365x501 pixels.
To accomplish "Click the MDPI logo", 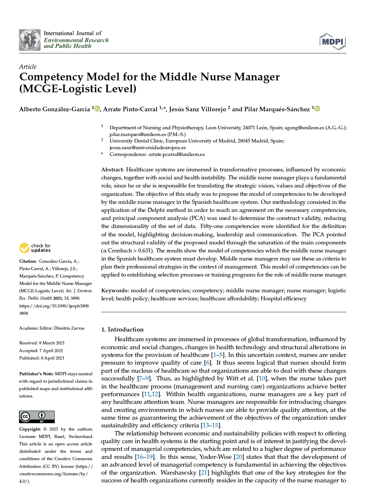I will [332, 42].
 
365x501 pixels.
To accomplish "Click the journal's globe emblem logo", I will [30, 40].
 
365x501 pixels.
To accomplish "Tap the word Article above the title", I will [28, 67].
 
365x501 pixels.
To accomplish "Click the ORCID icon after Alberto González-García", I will [97, 108].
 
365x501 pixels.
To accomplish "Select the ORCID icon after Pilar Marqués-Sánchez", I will [317, 108].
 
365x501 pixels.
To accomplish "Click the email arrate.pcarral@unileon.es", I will [176, 154].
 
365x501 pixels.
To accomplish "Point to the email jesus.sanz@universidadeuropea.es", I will [147, 148].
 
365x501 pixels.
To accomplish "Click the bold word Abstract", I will [112, 169].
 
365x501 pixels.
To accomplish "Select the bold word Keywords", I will [115, 290].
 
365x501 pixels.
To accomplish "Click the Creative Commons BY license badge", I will [37, 417].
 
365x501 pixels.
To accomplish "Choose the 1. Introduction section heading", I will [122, 329].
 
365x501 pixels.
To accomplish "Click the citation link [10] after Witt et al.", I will [262, 378].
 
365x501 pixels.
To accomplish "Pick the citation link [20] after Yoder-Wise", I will [239, 457].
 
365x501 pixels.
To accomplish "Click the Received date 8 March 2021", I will [52, 343].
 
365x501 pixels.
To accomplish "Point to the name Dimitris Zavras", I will [69, 328].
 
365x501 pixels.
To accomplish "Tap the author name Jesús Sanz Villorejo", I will [197, 109].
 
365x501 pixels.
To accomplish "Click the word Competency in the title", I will [51, 77].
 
